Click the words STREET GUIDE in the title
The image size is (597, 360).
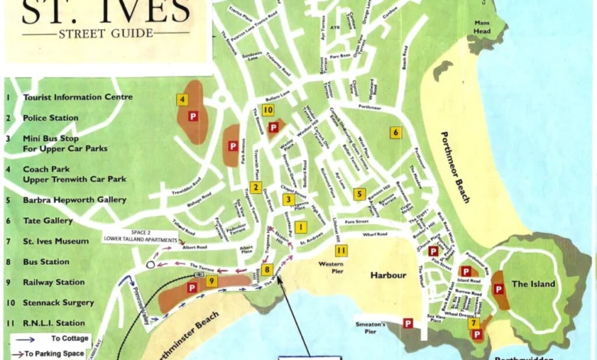(x=105, y=33)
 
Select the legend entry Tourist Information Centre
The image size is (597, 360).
(x=77, y=97)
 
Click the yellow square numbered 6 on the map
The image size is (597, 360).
(x=395, y=132)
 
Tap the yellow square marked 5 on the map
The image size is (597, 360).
(x=359, y=194)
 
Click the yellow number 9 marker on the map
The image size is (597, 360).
(x=212, y=282)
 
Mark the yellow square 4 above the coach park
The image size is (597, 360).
(x=182, y=99)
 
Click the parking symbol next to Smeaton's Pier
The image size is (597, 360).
(x=408, y=323)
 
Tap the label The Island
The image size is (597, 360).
(x=533, y=284)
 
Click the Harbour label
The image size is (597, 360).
(x=387, y=274)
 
